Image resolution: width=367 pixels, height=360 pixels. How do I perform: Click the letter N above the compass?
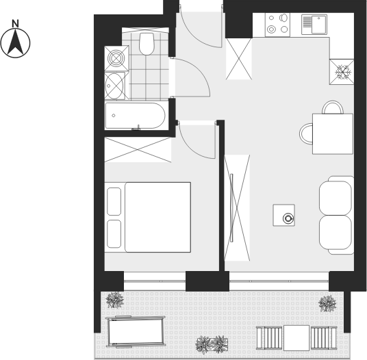pos(15,23)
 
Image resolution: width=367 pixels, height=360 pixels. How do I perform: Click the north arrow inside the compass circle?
pos(16,42)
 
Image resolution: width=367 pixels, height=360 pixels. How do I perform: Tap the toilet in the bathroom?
pos(147,44)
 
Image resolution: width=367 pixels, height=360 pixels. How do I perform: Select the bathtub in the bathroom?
pos(136,116)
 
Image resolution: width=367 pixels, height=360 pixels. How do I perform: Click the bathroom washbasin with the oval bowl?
pos(114,86)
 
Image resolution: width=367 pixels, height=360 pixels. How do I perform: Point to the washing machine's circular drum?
pos(116,58)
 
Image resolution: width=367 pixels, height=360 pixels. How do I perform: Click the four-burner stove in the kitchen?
pos(277,25)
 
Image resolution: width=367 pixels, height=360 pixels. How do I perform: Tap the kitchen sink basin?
pos(318,25)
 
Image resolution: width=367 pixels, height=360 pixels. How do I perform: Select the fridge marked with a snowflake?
pos(342,72)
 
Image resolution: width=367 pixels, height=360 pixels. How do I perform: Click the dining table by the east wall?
pos(333,133)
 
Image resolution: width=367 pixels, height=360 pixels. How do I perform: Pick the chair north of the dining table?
pos(333,107)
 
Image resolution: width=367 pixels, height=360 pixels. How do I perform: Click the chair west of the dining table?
pos(306,133)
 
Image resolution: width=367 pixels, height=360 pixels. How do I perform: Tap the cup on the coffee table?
pos(288,218)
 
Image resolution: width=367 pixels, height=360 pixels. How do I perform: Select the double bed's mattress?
pos(157,218)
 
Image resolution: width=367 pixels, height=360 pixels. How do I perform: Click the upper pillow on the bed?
pos(114,201)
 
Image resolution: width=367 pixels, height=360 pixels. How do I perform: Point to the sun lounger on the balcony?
pos(136,331)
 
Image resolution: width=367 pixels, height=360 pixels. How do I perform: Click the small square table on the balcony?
pos(296,338)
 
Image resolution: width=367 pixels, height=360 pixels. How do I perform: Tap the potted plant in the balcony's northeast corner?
pos(327,304)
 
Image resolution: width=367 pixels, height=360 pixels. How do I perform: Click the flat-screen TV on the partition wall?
pos(231,208)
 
